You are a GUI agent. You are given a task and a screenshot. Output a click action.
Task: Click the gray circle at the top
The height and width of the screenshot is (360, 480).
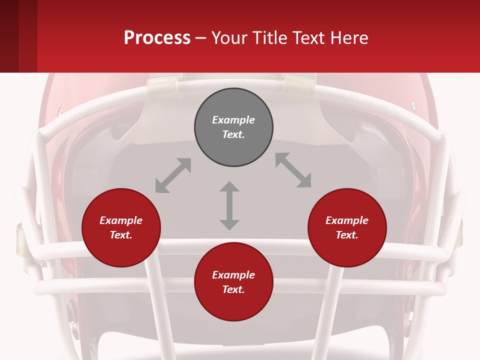233,127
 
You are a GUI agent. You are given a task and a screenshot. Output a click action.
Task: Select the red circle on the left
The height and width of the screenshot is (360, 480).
121,228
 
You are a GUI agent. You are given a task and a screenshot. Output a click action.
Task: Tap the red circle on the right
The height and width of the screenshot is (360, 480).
347,228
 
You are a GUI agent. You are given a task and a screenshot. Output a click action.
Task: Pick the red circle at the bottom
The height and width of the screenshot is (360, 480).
233,282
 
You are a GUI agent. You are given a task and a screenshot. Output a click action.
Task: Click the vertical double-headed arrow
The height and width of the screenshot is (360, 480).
229,205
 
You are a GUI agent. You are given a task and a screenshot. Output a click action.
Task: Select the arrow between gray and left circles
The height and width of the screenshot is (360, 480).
173,175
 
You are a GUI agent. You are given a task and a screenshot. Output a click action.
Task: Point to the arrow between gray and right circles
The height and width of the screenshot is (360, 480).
293,170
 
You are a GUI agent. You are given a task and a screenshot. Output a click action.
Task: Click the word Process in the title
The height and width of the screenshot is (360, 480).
157,37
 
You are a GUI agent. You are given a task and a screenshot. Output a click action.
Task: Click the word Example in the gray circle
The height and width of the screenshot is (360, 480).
233,120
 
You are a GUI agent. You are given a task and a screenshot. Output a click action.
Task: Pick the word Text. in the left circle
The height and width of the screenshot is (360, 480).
121,235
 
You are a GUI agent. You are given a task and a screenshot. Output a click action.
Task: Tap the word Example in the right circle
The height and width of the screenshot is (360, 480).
347,220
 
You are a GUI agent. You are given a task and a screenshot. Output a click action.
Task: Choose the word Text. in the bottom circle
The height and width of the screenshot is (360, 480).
233,289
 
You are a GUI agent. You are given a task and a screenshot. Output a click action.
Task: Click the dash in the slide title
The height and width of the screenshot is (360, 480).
201,38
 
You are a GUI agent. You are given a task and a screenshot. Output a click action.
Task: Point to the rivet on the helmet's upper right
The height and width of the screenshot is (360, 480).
413,105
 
